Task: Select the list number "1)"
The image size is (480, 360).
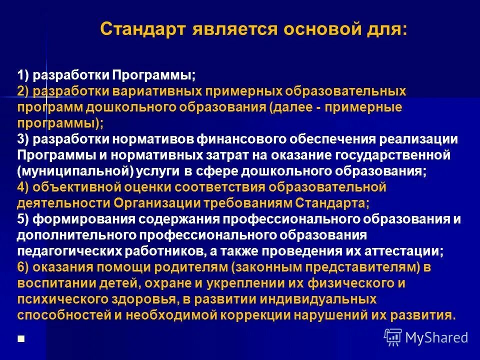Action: tap(24, 76)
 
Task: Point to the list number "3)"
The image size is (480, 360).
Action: tap(24, 139)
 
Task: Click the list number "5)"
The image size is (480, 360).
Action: tap(24, 219)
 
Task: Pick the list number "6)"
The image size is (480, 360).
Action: tap(24, 267)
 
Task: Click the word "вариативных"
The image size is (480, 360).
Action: tap(160, 92)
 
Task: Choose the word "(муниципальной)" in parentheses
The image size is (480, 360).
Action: tap(74, 171)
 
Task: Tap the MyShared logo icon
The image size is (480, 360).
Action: tap(393, 337)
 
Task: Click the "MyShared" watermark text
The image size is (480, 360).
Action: tap(437, 337)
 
